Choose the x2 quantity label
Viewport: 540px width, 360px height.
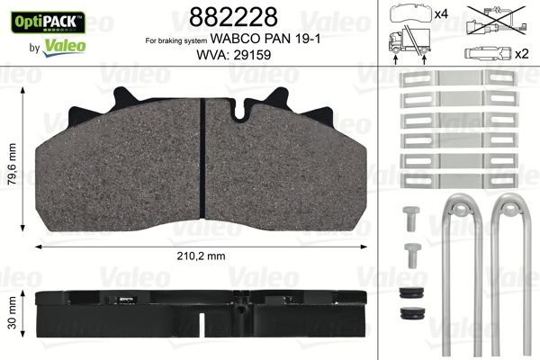[x=520, y=55]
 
